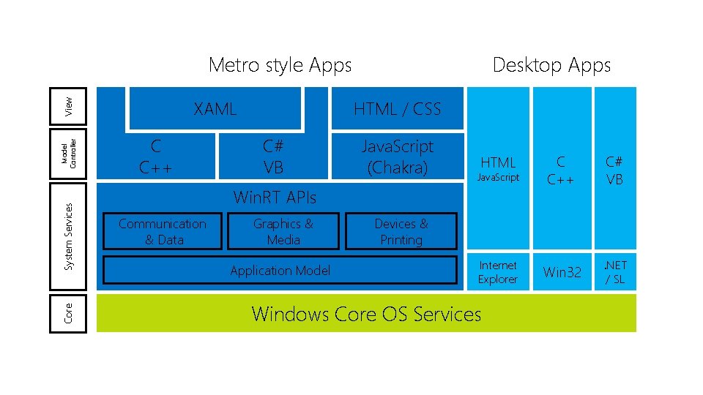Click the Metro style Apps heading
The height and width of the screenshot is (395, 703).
click(280, 65)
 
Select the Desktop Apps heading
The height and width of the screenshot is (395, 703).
click(551, 65)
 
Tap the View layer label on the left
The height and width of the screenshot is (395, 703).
click(68, 105)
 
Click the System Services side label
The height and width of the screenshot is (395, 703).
click(68, 236)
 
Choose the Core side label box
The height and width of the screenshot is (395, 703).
click(68, 313)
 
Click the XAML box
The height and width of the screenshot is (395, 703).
click(215, 109)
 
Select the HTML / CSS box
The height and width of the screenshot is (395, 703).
click(397, 109)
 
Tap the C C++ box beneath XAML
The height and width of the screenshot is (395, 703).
click(157, 157)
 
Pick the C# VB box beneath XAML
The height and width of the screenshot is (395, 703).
click(273, 157)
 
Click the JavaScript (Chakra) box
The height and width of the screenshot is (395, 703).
click(398, 157)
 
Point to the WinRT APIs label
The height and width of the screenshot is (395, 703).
click(275, 197)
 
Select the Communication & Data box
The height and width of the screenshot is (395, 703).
click(163, 231)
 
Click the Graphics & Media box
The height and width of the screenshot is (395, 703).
click(283, 231)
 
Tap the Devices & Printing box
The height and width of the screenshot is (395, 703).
click(401, 231)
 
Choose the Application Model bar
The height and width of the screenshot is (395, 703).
click(280, 271)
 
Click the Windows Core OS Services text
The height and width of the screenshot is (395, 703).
click(366, 314)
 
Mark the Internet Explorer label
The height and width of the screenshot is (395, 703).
click(497, 272)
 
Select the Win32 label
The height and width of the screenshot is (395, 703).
click(562, 272)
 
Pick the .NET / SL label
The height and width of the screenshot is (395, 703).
click(614, 271)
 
